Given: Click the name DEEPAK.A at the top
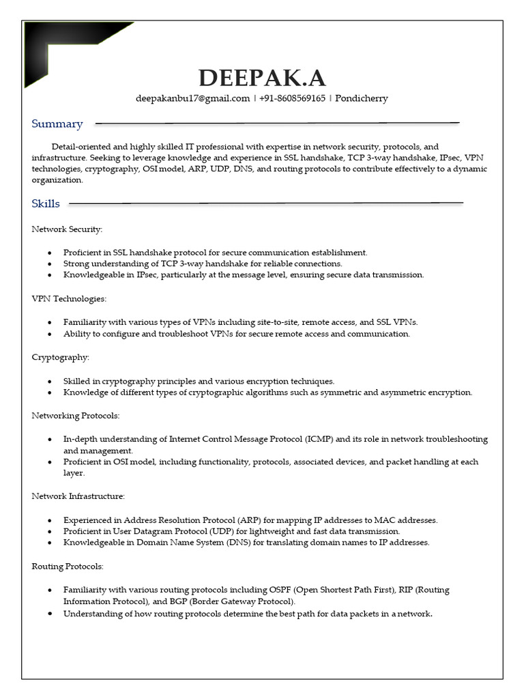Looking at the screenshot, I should coord(262,78).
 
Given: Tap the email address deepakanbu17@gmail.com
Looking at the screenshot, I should coord(193,98).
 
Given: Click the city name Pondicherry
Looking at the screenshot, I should coord(362,98).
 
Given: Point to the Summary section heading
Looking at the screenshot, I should coord(57,124).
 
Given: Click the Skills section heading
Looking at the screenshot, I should coord(46,203).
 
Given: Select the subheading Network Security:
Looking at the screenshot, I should coord(67,229).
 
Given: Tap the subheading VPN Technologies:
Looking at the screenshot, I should coord(69,299).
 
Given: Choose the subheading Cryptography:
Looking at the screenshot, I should coord(60,357).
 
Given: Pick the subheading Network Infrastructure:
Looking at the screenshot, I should coord(78,496).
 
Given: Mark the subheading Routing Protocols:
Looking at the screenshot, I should coord(68,566).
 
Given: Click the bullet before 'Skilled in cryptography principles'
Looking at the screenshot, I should coord(50,382).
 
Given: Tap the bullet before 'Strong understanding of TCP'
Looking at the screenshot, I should coord(50,263).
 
